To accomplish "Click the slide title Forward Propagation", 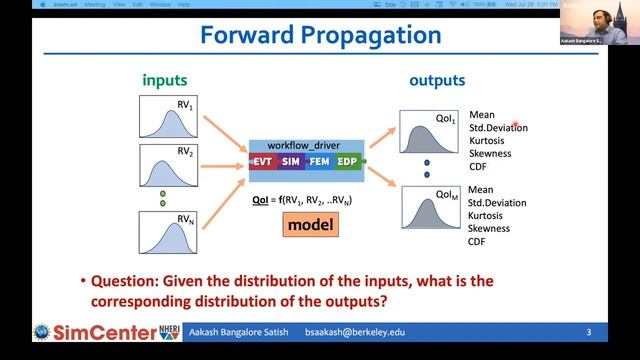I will [320, 37].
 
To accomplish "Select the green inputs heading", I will [165, 79].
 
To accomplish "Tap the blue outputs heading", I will [434, 79].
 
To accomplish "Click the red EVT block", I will [262, 161].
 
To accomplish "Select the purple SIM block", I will [290, 161].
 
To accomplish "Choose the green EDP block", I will [346, 161].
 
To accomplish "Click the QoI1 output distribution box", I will [430, 130].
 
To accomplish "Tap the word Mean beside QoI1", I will [481, 115].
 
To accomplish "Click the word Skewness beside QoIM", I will [489, 229].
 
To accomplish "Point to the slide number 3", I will [589, 331].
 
